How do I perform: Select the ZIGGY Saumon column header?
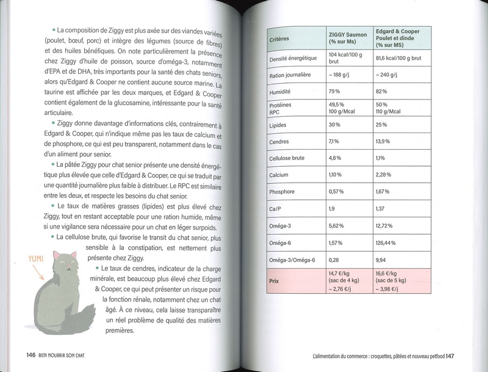[x=348, y=39]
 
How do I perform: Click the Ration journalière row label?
[x=290, y=75]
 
